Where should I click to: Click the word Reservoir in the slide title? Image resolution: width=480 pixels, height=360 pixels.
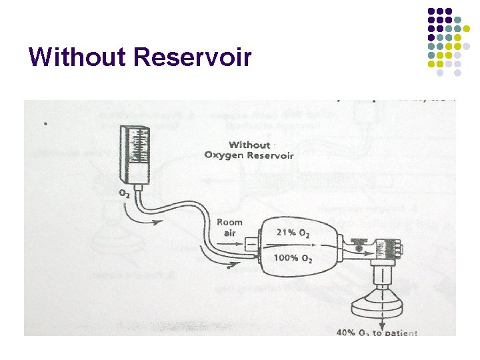[193, 57]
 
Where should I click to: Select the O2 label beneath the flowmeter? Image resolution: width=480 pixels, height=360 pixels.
[125, 193]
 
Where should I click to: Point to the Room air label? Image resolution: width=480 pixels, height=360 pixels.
[229, 227]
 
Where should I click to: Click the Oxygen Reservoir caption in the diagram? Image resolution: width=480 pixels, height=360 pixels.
[249, 155]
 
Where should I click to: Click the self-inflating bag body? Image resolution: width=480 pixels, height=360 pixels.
[297, 245]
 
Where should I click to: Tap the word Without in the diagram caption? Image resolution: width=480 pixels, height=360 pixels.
[249, 145]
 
